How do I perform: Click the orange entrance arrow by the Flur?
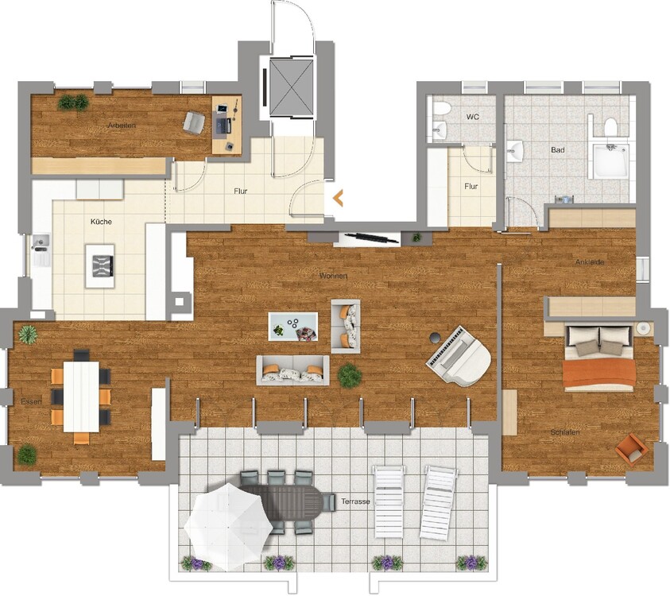coord(338,198)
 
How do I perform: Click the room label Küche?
coord(101,222)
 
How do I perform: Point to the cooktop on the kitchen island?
coord(103,265)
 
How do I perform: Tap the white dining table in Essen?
coord(81,397)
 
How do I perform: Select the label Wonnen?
coord(333,276)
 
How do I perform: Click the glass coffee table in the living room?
coord(293,327)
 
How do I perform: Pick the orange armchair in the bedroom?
coord(631,450)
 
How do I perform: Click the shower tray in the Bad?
coord(610,161)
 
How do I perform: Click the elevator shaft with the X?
coord(292,87)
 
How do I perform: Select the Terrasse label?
coord(355,501)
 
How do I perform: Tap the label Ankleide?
coord(590,262)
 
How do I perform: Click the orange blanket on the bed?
coord(598,373)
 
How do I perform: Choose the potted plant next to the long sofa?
coord(350,376)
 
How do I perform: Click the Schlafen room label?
coord(565,432)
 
